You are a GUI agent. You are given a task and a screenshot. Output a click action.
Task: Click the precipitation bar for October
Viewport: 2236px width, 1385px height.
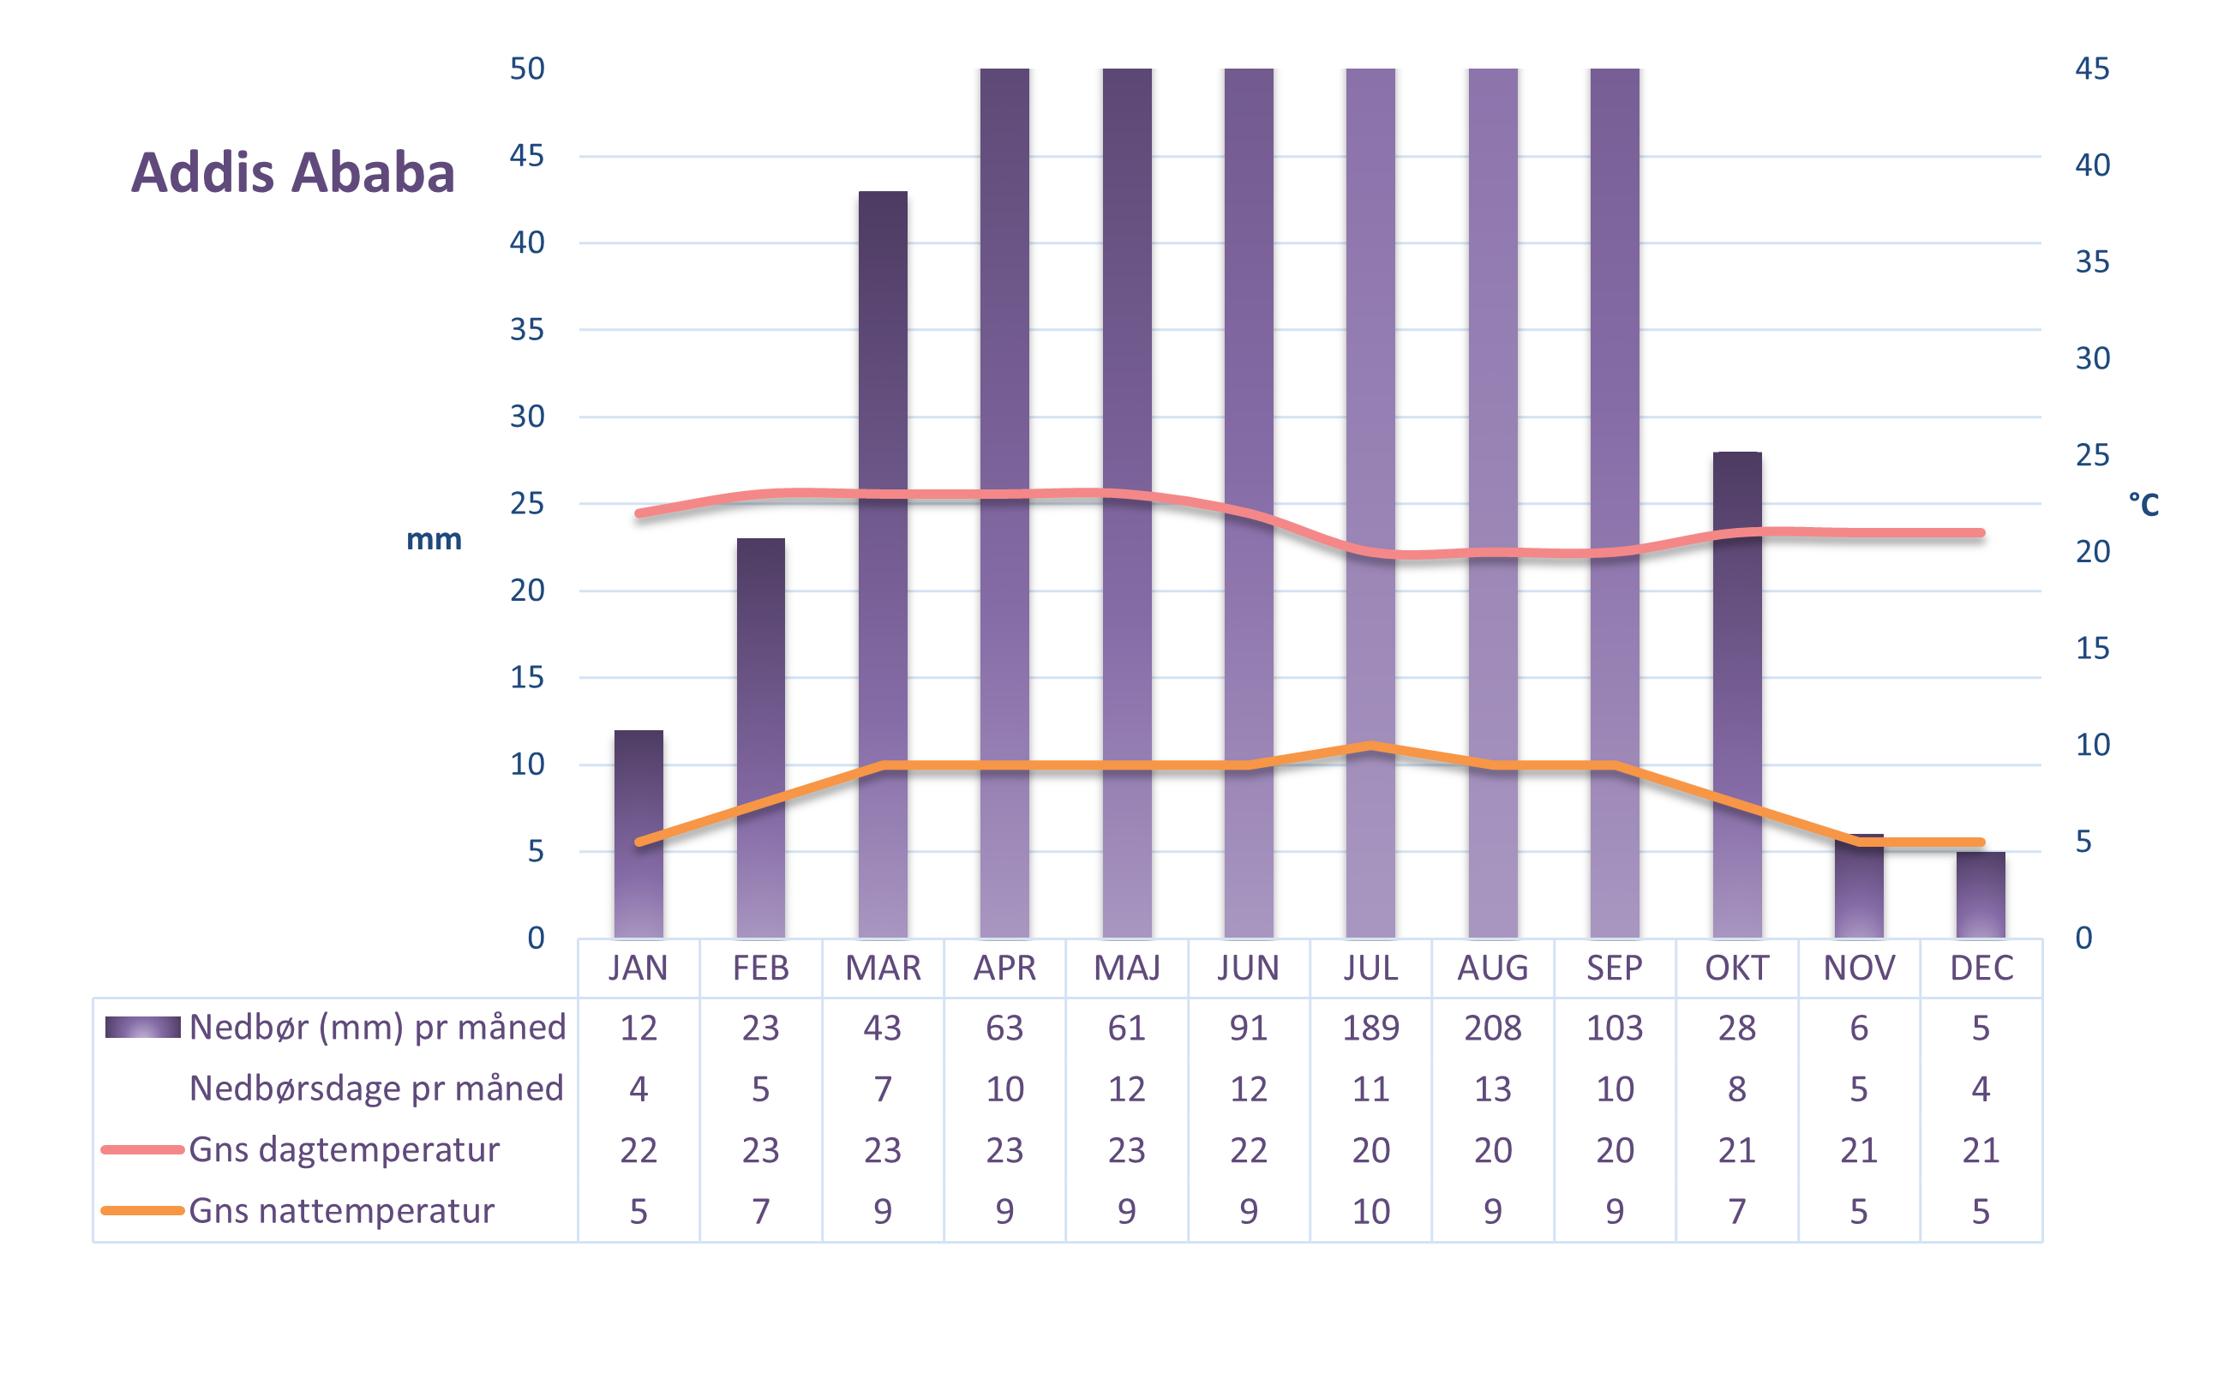click(1735, 641)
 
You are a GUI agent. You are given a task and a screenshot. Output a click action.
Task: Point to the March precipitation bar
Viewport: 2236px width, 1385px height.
click(882, 367)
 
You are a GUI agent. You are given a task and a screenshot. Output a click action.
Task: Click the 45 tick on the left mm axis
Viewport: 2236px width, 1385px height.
click(527, 156)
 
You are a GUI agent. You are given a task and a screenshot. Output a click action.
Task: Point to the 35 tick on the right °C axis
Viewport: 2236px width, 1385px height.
click(2091, 262)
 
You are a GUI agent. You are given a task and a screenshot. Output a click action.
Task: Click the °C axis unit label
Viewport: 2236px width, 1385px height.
click(2143, 504)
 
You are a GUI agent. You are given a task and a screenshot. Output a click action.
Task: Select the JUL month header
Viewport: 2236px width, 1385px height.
click(1370, 968)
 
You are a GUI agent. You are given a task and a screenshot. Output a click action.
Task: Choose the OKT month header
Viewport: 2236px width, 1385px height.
click(1735, 968)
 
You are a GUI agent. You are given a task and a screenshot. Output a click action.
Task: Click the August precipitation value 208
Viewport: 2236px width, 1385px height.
click(1492, 1028)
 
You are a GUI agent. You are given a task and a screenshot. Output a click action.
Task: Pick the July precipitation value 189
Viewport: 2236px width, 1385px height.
click(1370, 1028)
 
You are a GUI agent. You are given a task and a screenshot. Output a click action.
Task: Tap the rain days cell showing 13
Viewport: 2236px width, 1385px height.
click(1492, 1089)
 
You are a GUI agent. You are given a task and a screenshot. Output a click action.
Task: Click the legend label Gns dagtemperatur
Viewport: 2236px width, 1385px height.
click(345, 1149)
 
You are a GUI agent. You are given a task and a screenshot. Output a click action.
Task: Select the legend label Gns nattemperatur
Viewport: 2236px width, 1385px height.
click(342, 1211)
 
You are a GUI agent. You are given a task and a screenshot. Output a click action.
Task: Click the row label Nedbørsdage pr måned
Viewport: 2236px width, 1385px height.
click(375, 1088)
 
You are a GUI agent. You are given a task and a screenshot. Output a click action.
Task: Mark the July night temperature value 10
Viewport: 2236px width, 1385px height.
click(1370, 1211)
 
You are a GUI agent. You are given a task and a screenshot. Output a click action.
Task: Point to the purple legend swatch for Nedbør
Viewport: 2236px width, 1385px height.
click(142, 1027)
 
